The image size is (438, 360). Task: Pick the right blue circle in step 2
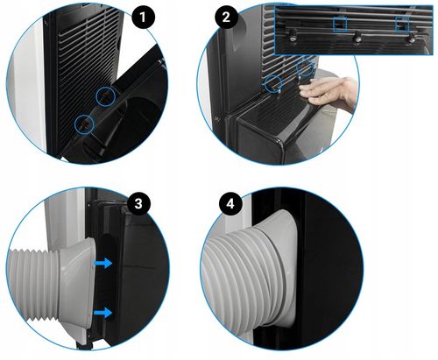pyautogui.click(x=305, y=67)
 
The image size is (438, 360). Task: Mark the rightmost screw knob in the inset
pyautogui.click(x=409, y=36)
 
